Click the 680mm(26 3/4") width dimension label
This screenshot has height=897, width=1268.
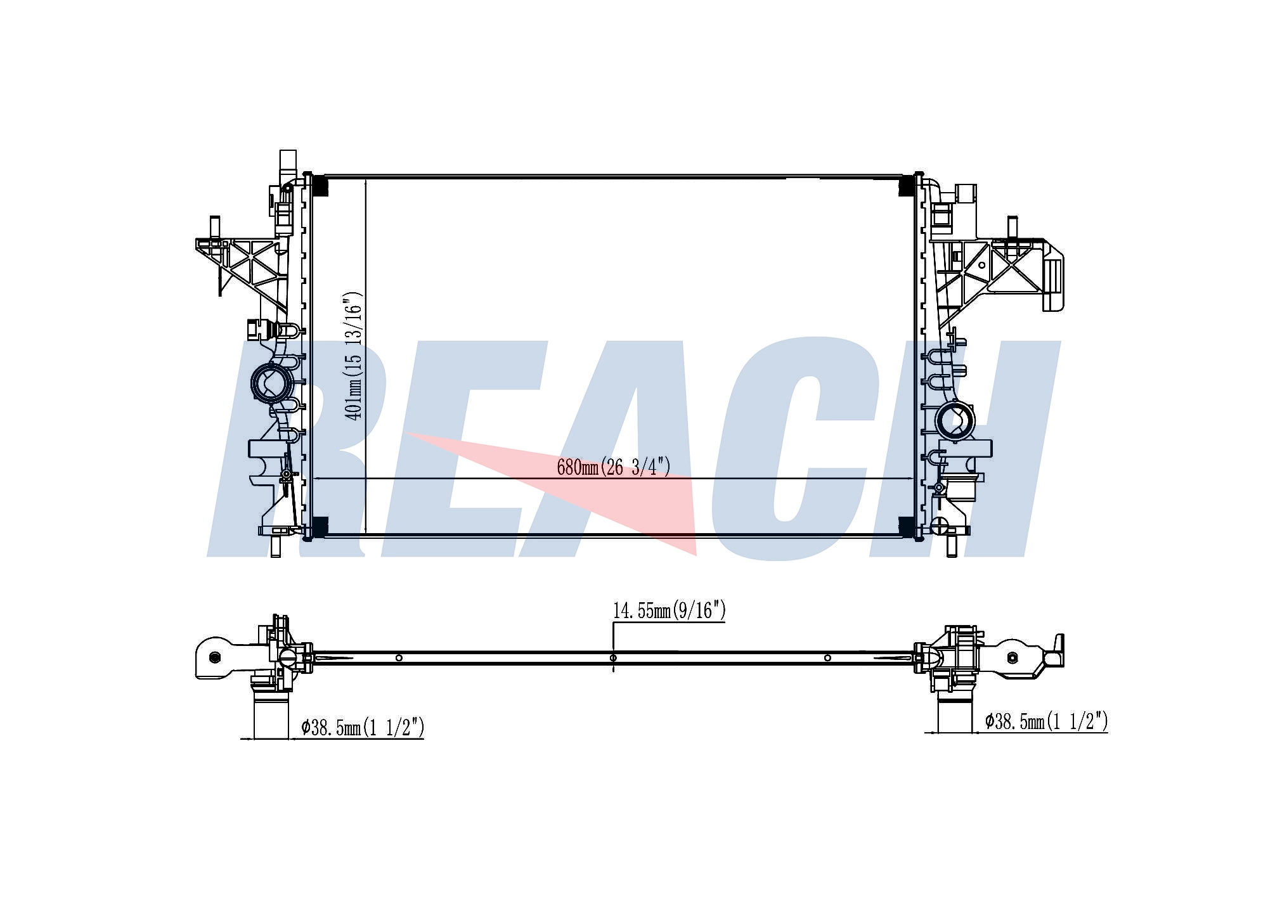613,467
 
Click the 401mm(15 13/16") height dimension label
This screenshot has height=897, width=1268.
354,356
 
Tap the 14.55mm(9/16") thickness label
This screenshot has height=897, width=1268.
669,610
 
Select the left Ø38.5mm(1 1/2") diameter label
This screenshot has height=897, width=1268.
363,727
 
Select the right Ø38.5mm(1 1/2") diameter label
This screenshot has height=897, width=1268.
1047,721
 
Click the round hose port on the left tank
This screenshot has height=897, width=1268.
272,383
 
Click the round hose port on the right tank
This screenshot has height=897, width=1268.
955,420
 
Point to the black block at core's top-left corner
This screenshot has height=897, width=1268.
319,185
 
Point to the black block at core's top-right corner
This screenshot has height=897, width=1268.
907,185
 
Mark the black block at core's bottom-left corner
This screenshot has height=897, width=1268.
319,526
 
